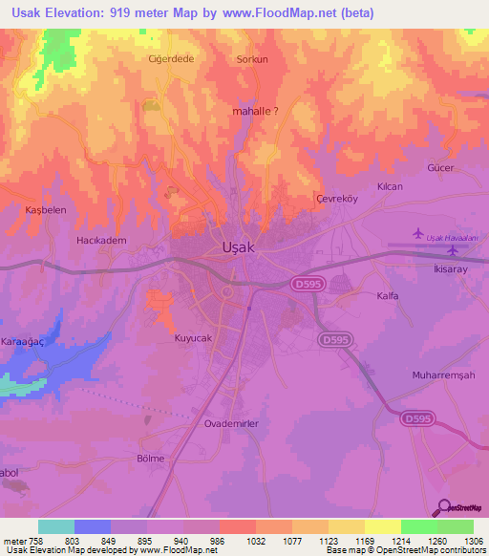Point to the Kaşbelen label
tap(44, 209)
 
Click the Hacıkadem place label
tap(101, 241)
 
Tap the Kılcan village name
tap(390, 186)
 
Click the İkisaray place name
tap(453, 270)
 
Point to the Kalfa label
tap(387, 296)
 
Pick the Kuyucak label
tap(191, 338)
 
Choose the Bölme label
tap(151, 459)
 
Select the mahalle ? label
tap(256, 111)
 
